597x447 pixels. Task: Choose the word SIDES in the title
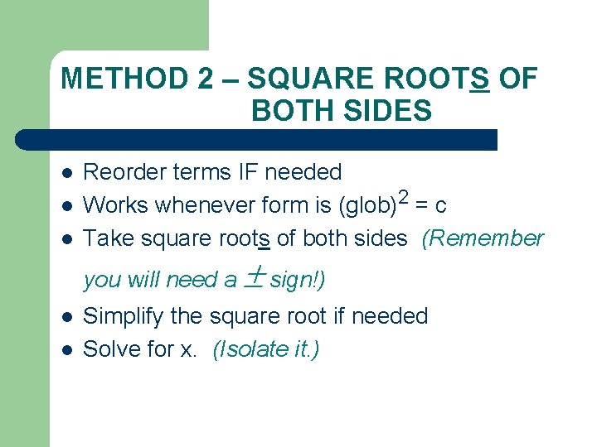(390, 110)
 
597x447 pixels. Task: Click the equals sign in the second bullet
(422, 205)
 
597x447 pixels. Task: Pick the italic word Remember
(483, 238)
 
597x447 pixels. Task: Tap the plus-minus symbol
(254, 278)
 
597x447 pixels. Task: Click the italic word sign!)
(298, 280)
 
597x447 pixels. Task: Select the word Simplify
(124, 316)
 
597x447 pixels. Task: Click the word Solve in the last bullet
(110, 349)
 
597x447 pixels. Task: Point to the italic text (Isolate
(245, 349)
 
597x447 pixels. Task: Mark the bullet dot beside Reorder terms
(66, 173)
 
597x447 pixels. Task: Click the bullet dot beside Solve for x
(66, 350)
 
